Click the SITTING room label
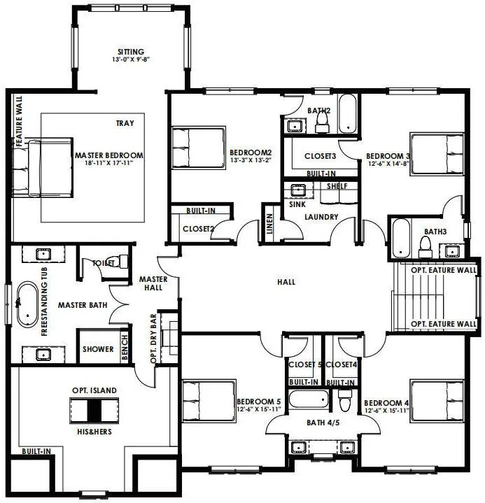[x=131, y=52]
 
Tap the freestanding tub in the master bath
[x=27, y=304]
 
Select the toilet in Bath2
[x=322, y=123]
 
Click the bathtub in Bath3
[x=401, y=238]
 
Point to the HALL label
[x=286, y=282]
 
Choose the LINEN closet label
[x=269, y=224]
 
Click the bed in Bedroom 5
[x=209, y=400]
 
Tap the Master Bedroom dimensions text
[x=108, y=162]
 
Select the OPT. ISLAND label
[x=94, y=390]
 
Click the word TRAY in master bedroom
[x=125, y=123]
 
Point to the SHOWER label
[x=98, y=349]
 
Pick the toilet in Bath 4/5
[x=345, y=400]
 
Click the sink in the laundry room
[x=298, y=190]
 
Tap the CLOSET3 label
[x=320, y=156]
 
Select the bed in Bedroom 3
[x=437, y=154]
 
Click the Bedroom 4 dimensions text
[x=387, y=410]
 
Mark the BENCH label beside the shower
[x=125, y=347]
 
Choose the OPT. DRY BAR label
[x=153, y=339]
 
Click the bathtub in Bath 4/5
[x=309, y=399]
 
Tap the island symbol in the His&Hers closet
[x=94, y=411]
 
